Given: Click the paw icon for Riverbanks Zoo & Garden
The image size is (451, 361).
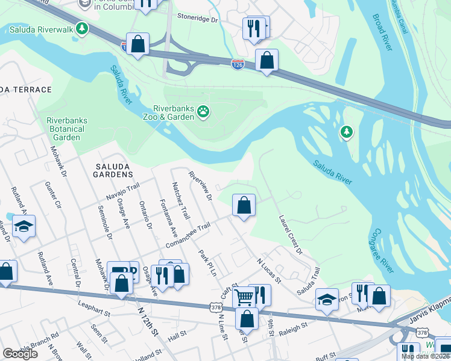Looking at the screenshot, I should [204, 112].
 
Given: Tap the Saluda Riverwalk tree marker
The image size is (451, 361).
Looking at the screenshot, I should [81, 28].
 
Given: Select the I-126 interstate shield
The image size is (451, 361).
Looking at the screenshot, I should [238, 64].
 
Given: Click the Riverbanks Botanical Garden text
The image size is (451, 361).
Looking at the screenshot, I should [67, 129].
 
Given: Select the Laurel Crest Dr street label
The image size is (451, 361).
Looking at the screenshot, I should [291, 235].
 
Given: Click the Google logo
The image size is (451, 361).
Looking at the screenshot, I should [20, 354].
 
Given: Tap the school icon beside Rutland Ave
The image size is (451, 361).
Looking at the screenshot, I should [24, 226].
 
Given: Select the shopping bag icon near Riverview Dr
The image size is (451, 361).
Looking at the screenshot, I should [244, 205].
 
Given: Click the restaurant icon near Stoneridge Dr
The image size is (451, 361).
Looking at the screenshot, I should [253, 28].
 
